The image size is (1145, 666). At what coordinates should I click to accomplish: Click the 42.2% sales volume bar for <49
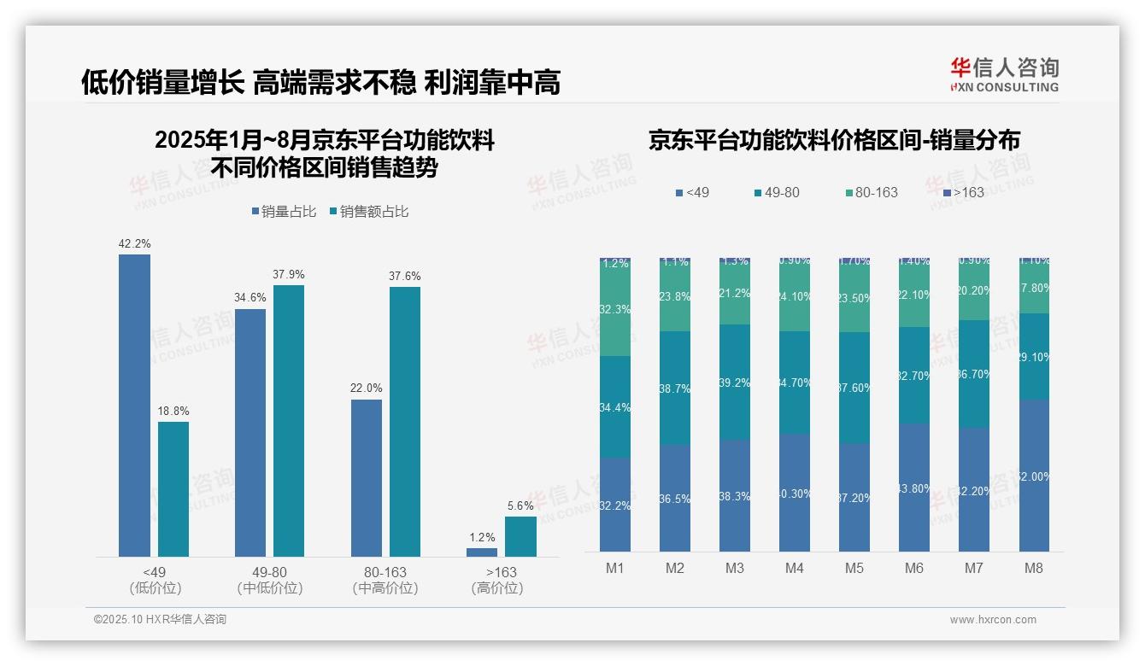pos(134,406)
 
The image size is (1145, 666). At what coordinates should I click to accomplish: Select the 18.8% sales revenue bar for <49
pos(173,489)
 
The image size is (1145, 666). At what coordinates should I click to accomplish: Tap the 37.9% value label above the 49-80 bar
pos(289,274)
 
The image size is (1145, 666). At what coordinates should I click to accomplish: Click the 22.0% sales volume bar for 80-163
pos(367,478)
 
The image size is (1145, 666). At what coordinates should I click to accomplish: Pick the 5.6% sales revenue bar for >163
pos(520,536)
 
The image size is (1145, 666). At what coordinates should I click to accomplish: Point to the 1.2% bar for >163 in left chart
pos(482,552)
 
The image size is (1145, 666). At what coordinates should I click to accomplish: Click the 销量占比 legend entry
pos(286,212)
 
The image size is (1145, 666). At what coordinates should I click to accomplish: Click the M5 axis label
pos(854,568)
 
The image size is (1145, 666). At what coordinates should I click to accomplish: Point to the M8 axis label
pos(1033,568)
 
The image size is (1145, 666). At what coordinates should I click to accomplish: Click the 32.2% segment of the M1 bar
pos(615,505)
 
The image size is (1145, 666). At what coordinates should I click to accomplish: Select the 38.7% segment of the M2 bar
pos(675,388)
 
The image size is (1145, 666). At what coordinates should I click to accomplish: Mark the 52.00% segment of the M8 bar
pos(1033,476)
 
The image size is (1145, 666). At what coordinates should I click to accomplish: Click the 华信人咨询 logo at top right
pos(1004,74)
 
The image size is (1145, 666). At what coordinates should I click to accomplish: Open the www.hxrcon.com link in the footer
pos(992,620)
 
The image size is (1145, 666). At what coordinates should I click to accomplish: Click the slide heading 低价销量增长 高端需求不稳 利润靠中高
pos(320,83)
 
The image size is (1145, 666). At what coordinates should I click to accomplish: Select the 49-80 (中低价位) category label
pos(270,580)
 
